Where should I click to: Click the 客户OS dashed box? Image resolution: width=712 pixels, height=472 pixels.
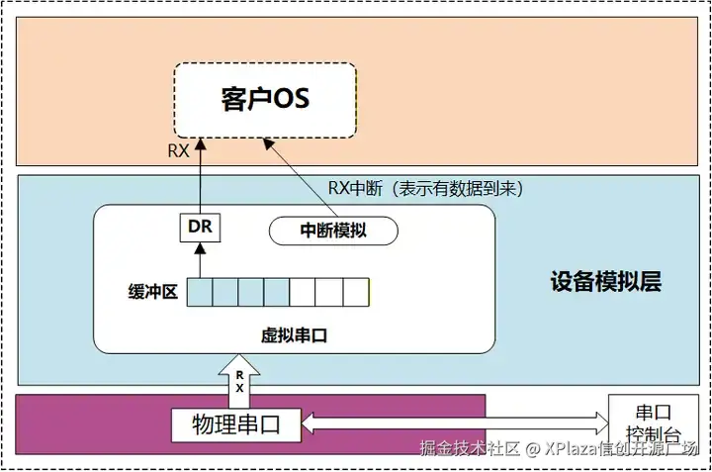pos(265,100)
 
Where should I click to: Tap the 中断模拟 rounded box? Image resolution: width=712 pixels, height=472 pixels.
pos(333,231)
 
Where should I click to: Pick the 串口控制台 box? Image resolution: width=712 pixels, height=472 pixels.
pos(654,425)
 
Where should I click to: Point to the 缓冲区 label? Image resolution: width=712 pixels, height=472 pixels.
pos(152,293)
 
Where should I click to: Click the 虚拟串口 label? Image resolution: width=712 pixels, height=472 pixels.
pos(294,335)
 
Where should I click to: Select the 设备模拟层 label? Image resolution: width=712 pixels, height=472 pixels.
pos(605,282)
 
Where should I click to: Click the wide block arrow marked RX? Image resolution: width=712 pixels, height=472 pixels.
pos(239,381)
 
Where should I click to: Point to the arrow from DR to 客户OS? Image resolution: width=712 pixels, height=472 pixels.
pos(200,176)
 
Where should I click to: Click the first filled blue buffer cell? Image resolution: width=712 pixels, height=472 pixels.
pos(200,293)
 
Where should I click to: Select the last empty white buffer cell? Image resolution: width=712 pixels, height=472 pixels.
pos(356,293)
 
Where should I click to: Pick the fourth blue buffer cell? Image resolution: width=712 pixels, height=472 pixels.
pos(277,293)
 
